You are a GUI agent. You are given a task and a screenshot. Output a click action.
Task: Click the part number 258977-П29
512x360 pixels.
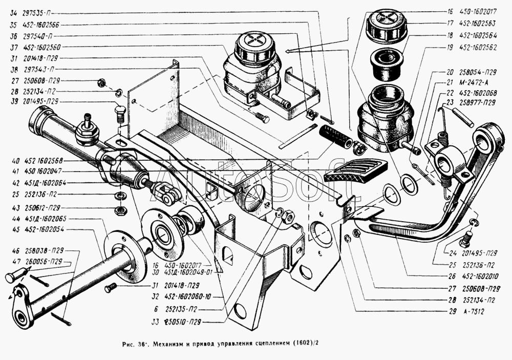click(477, 102)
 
